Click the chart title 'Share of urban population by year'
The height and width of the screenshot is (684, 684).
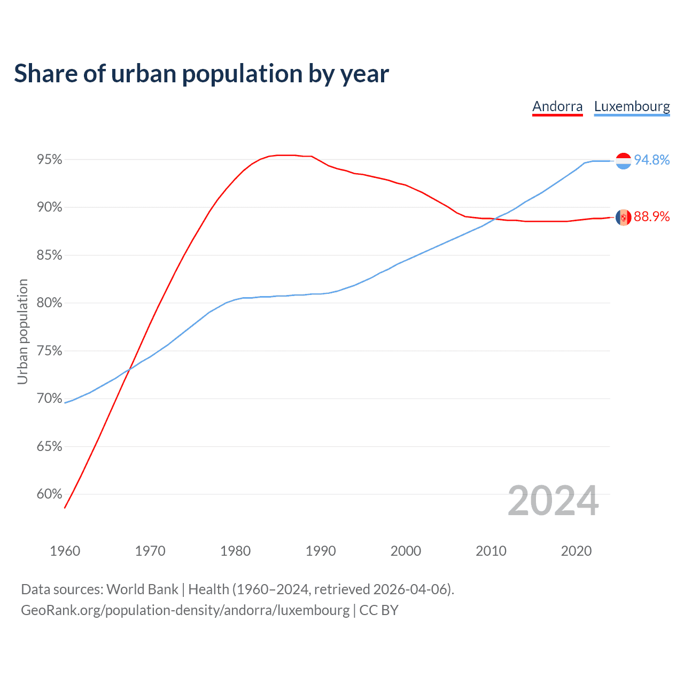[x=201, y=74]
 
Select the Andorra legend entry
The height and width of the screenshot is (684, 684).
[x=557, y=106]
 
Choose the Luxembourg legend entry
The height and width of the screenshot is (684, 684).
[x=632, y=106]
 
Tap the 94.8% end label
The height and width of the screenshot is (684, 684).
[x=651, y=160]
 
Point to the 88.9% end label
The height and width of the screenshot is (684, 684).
[x=651, y=217]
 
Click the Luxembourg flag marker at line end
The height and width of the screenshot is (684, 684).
[x=623, y=161]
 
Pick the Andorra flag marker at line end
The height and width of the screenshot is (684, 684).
[x=623, y=217]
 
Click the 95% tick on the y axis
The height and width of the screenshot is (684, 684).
[x=50, y=160]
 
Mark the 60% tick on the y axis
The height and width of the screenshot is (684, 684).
[x=50, y=494]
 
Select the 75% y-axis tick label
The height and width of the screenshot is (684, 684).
[x=50, y=351]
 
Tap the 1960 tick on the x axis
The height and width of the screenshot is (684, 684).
[x=65, y=551]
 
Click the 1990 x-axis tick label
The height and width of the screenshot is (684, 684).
[x=321, y=551]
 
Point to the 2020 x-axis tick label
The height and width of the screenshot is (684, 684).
[x=576, y=551]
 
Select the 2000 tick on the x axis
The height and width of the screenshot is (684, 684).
[x=406, y=551]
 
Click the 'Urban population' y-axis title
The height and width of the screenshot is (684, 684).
[x=22, y=331]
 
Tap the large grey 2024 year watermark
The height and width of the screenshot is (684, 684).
[x=553, y=501]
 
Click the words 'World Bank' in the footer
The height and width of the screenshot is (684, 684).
[x=142, y=589]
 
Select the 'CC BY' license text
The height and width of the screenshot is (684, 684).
[x=379, y=610]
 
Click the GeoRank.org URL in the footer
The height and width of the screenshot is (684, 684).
[x=185, y=610]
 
